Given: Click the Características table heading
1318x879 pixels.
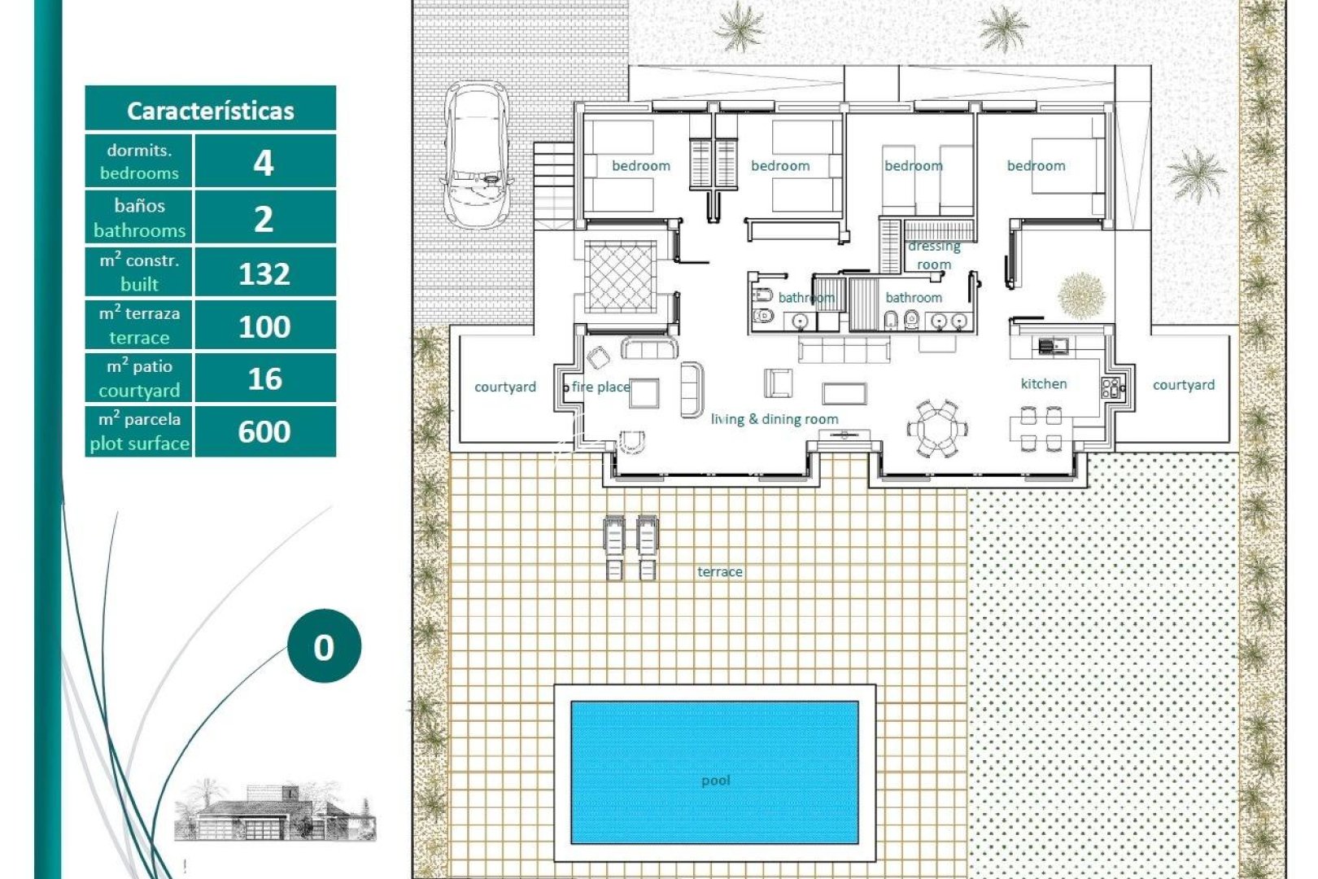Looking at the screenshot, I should (210, 110).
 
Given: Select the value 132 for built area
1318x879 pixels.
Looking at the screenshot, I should (264, 273).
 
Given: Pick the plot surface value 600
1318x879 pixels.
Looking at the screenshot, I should (264, 431).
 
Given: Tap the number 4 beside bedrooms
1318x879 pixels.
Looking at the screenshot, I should (264, 163).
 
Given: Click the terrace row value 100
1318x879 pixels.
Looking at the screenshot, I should (264, 326).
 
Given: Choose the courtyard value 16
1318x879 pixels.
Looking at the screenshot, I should (264, 379).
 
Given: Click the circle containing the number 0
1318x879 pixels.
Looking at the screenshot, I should (324, 647).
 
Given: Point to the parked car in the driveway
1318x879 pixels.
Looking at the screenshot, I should (477, 155).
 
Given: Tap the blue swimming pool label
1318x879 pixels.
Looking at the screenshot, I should (715, 780).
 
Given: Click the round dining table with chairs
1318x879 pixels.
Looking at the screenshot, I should (937, 427).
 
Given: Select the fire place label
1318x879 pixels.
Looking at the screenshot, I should (600, 387).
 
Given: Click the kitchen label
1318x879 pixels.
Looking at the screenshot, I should (1044, 383).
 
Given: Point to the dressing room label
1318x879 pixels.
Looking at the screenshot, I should (934, 255).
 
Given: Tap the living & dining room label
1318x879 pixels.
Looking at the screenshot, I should (775, 419).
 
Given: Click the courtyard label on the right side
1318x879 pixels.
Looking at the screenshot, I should (1183, 385).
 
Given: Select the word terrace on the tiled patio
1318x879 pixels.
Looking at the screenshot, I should (719, 571).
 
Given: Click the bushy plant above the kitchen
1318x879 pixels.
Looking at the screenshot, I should (1080, 295).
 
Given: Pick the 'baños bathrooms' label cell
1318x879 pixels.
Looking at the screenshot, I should (139, 218).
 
